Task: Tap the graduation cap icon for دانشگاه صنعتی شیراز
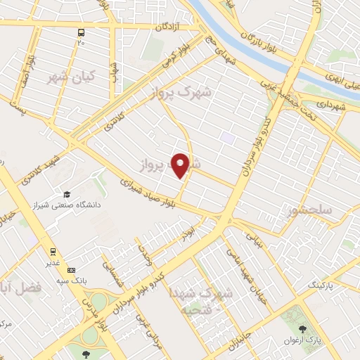point(67,195)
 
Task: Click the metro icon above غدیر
point(53,251)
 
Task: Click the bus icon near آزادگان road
point(82,32)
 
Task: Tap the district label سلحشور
point(309,210)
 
